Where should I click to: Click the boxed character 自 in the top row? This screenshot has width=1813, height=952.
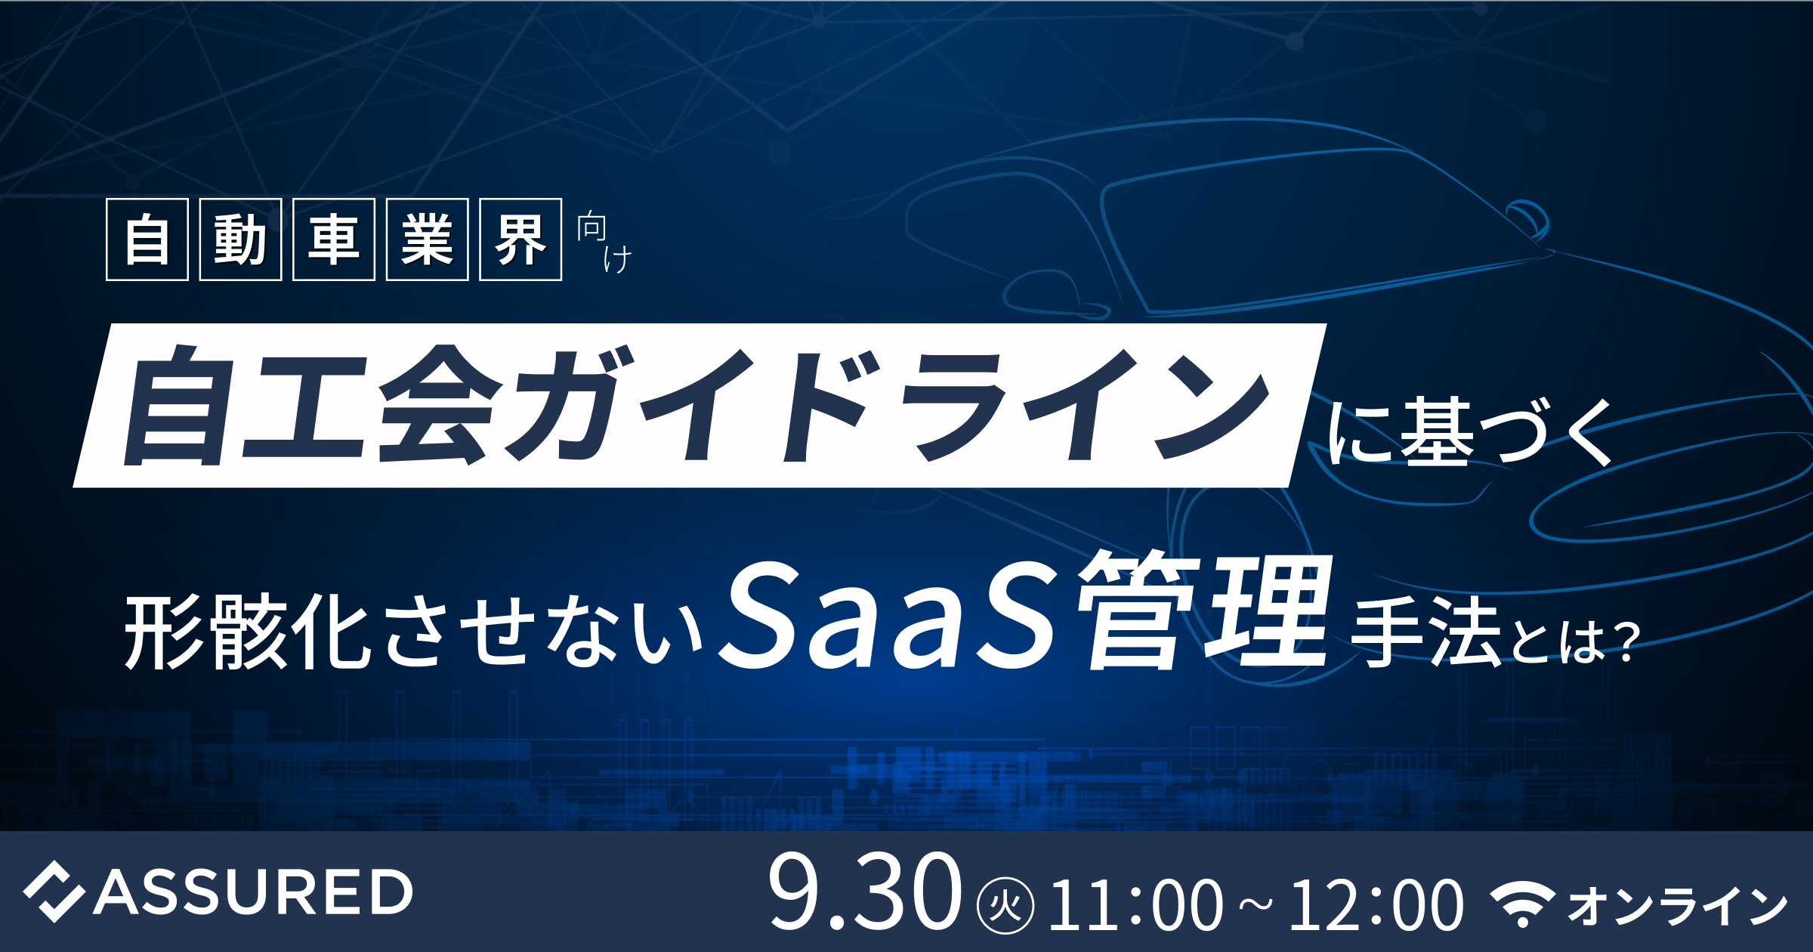(147, 240)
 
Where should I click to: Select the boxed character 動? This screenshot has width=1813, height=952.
(240, 240)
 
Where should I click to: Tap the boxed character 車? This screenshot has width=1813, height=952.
(334, 240)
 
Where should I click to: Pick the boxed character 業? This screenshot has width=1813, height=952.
(427, 240)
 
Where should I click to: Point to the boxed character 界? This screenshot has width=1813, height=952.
(520, 240)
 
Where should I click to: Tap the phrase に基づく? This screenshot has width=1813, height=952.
(1470, 433)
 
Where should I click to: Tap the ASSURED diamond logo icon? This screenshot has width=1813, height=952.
(53, 892)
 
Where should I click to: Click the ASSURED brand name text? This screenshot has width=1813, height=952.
(253, 892)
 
